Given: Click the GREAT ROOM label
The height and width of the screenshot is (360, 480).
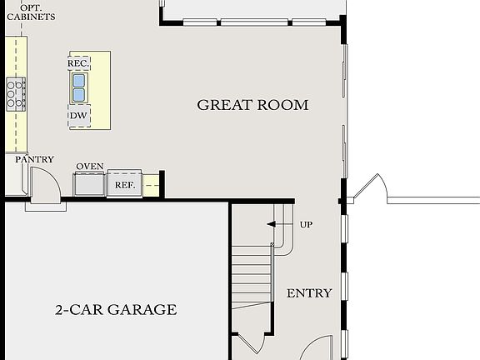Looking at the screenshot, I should click(252, 105).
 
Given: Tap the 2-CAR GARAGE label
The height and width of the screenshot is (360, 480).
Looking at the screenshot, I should click(116, 310).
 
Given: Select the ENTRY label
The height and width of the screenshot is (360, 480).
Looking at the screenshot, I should click(309, 293).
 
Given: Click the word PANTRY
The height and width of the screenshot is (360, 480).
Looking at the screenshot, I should click(35, 159).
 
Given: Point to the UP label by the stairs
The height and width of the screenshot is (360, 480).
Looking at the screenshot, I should click(306, 224).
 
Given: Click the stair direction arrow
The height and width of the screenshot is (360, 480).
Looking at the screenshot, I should click(272, 224).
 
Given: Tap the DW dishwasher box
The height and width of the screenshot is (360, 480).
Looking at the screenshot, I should click(79, 116).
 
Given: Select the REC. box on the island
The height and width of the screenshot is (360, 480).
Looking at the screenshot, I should click(78, 62).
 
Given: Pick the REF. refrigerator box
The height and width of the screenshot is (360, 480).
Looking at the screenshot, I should click(125, 184).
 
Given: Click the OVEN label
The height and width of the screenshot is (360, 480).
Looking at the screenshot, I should click(90, 167).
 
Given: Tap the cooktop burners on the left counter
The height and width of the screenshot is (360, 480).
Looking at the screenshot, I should click(16, 92).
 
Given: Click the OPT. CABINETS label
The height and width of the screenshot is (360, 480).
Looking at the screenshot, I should click(32, 11).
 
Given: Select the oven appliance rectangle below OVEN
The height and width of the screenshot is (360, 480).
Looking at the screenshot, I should click(89, 183).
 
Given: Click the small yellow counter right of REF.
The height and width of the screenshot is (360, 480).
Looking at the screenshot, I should click(151, 185).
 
